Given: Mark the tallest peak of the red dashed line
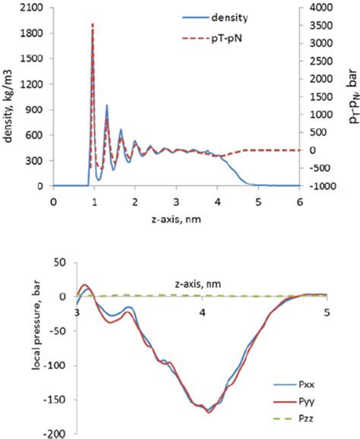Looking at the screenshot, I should pyautogui.click(x=93, y=24).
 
